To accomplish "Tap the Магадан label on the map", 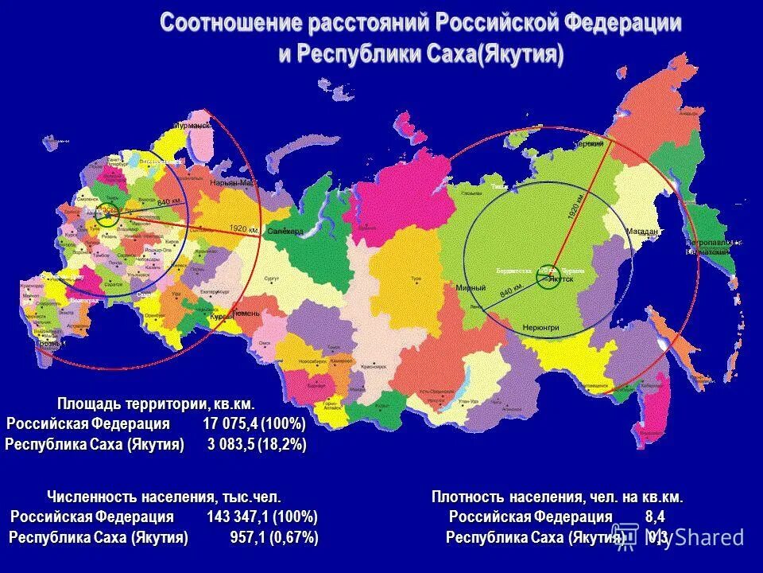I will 645,232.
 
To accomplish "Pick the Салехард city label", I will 285,231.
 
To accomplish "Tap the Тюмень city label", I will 246,314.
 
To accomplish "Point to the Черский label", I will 589,144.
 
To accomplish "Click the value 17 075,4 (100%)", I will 254,423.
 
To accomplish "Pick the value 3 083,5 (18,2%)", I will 257,444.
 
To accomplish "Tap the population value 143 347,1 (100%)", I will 262,517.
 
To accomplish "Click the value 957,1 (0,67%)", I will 273,538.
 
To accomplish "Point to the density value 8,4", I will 655,517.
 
